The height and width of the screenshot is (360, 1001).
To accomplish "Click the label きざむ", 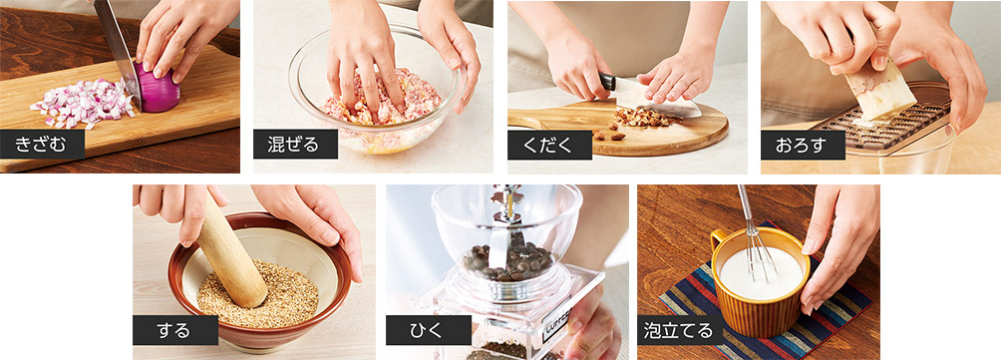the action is pos(41,145).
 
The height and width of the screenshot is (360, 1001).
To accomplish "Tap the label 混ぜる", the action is pos(295,145).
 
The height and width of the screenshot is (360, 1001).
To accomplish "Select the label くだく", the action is pos(548,145).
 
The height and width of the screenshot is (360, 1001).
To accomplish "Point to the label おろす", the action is pos(802,145).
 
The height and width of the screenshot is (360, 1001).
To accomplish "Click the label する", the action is pos(174,330).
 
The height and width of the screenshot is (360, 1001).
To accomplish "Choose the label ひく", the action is pos(427,331).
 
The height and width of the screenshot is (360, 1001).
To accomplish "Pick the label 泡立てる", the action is pos(678,331).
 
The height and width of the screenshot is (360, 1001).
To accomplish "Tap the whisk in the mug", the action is pos(754,239).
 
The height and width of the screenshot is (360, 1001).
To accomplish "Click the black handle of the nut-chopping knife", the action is pos(607,81).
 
